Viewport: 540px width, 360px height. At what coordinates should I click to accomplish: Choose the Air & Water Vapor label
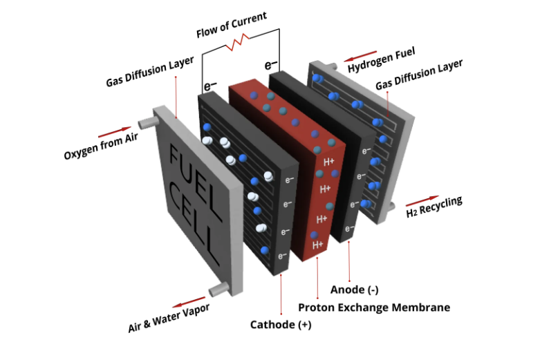tap(169, 317)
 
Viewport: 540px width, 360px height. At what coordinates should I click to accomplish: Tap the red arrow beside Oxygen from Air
tap(114, 129)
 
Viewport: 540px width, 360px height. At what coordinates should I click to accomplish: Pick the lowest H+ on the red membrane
tap(317, 245)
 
